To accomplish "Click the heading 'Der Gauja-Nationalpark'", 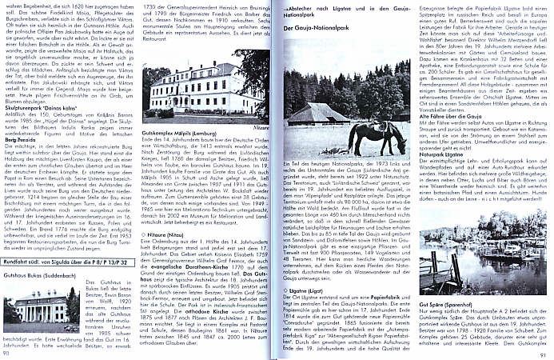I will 317,30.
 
